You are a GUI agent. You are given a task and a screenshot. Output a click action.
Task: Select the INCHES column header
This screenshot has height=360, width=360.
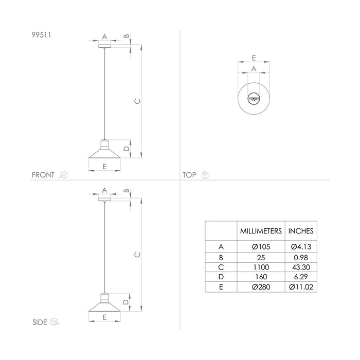coord(300,231)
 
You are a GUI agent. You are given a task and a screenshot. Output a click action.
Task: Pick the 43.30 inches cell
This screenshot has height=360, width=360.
coord(300,267)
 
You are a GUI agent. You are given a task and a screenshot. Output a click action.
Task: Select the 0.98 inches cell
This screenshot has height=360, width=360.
coord(300,257)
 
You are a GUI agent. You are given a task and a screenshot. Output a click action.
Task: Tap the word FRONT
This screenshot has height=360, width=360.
coord(43,175)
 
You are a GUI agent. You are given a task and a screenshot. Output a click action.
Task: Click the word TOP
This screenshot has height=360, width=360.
coord(190,175)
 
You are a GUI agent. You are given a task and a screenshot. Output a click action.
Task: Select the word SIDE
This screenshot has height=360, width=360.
coord(39,322)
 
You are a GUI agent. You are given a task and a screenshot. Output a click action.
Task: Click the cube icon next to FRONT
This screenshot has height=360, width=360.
coord(64,175)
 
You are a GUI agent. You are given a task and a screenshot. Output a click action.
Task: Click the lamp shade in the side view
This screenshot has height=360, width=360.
coord(104,304)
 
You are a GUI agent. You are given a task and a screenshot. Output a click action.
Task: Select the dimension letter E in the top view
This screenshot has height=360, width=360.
coord(254,58)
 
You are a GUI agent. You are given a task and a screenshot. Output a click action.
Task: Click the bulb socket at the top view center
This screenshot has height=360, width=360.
coord(254,98)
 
